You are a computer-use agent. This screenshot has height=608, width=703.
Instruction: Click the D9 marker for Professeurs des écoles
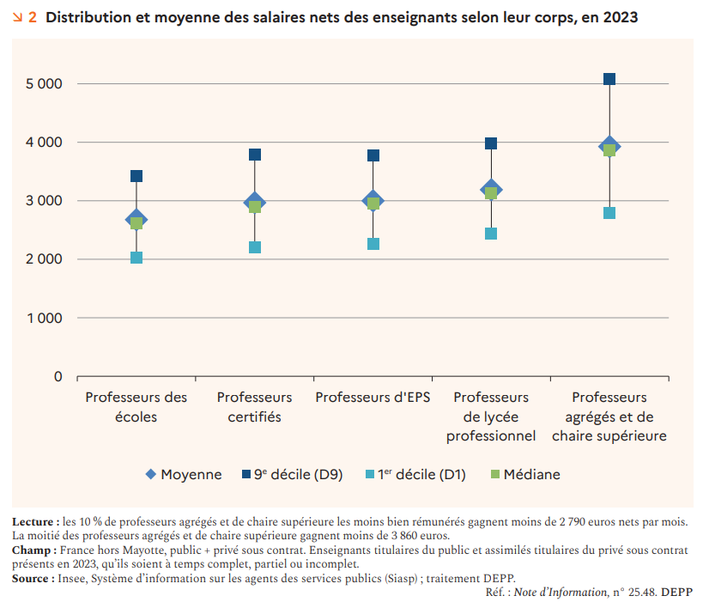pyautogui.click(x=136, y=176)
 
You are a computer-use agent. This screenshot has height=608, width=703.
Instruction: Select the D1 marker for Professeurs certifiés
pyautogui.click(x=255, y=247)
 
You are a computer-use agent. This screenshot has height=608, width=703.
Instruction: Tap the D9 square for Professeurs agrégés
pyautogui.click(x=609, y=79)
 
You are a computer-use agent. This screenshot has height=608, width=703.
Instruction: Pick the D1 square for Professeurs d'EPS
pyautogui.click(x=373, y=244)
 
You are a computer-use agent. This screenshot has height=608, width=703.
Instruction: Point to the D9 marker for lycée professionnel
pyautogui.click(x=491, y=143)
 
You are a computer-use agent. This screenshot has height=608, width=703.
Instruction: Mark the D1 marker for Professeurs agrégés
pyautogui.click(x=609, y=213)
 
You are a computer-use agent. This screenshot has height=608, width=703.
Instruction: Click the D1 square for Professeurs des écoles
pyautogui.click(x=136, y=258)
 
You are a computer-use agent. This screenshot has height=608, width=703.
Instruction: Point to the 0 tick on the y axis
pyautogui.click(x=58, y=376)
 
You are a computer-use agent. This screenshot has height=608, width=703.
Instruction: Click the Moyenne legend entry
pyautogui.click(x=184, y=474)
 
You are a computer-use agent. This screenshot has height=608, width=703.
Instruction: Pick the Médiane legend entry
pyautogui.click(x=524, y=474)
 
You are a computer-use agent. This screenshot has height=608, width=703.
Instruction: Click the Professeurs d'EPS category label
pyautogui.click(x=373, y=398)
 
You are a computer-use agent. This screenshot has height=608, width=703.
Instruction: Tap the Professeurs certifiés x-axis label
pyautogui.click(x=254, y=407)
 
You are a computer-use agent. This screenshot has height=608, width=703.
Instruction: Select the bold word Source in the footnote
pyautogui.click(x=33, y=579)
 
